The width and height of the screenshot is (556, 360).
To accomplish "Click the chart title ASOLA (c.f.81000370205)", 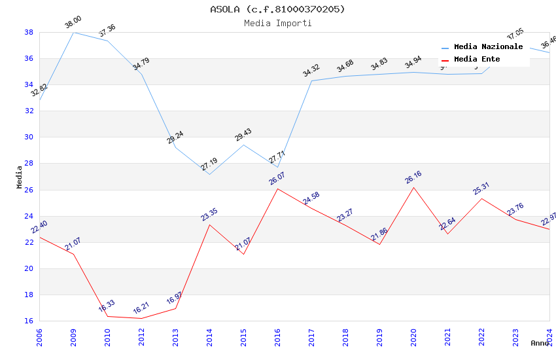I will [x=277, y=9].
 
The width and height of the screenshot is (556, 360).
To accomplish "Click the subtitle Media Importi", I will [x=277, y=24].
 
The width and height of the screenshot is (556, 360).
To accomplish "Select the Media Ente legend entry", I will [x=477, y=60].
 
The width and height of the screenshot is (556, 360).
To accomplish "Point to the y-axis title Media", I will [x=20, y=177].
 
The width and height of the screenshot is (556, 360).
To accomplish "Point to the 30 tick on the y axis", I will [x=29, y=137].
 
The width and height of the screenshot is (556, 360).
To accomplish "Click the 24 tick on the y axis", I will [x=29, y=216].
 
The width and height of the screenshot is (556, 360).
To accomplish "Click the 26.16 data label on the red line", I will [x=413, y=177].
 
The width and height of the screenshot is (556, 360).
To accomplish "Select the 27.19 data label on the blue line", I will [x=209, y=164].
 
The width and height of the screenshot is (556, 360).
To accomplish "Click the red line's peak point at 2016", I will [x=277, y=189].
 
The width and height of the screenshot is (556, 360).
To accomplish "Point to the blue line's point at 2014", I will [x=209, y=174].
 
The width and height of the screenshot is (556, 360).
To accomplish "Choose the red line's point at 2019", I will [x=379, y=244].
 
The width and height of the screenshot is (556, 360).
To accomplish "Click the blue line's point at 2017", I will [x=311, y=81].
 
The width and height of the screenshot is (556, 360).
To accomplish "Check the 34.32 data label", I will [x=311, y=71].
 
